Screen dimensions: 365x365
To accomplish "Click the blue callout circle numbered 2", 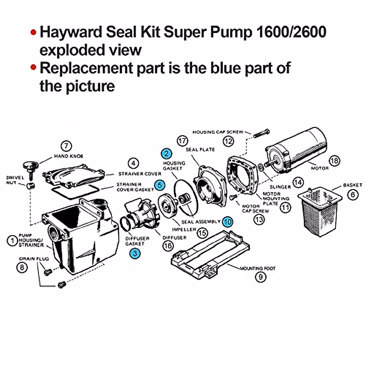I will point(167,154).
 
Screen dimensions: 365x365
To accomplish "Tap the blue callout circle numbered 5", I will point(159,185).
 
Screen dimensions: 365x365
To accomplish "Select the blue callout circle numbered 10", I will point(227,222).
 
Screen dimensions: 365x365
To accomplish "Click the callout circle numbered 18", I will point(334,161).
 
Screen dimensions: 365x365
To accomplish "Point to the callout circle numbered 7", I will point(66,146).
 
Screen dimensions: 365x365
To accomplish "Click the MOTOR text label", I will point(319,168).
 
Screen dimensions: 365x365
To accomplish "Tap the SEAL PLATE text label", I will point(200,149).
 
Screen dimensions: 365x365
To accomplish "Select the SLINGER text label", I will point(280,187).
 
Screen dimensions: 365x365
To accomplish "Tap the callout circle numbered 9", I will point(260,277).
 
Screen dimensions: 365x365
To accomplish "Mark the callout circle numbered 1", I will point(12,241).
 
